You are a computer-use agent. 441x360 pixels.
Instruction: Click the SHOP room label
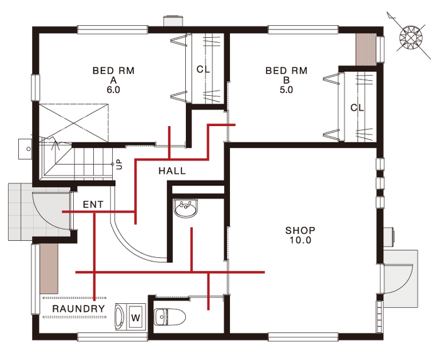click(x=300, y=231)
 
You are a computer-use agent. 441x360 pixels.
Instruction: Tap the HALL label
click(x=172, y=171)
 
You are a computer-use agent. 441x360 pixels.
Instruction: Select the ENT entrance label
click(x=93, y=205)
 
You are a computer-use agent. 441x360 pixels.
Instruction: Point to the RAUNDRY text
click(x=79, y=309)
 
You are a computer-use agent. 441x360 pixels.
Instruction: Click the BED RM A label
click(x=113, y=80)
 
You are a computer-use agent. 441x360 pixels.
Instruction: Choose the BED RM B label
click(x=286, y=80)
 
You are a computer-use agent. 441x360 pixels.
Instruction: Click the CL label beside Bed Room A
click(x=203, y=69)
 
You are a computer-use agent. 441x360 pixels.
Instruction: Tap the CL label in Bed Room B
click(x=357, y=108)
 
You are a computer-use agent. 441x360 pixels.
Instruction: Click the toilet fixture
click(x=169, y=317)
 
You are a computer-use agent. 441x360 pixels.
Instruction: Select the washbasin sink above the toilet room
click(x=186, y=208)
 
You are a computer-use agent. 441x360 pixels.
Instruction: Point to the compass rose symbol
click(x=411, y=37)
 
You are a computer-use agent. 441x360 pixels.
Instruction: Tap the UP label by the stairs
click(x=120, y=165)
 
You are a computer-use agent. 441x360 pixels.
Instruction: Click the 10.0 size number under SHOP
click(x=300, y=240)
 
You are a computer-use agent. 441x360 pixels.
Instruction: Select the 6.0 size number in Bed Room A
click(x=113, y=90)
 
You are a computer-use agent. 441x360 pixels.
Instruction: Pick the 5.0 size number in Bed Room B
click(x=286, y=90)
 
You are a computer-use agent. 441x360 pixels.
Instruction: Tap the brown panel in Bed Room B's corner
click(x=365, y=50)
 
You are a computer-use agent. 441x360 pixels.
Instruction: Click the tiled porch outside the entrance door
click(x=21, y=212)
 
